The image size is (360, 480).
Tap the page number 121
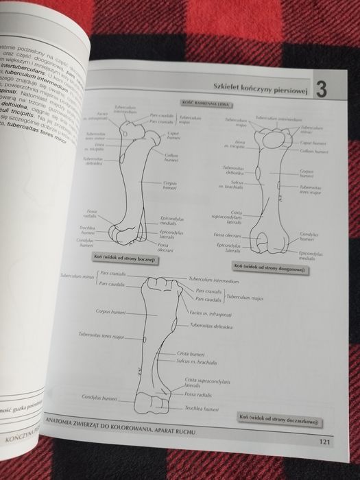(x=324, y=442)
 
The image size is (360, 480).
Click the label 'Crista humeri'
(x=188, y=353)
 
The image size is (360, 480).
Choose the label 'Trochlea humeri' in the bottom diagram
(x=202, y=409)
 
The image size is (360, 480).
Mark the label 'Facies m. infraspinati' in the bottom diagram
(x=209, y=313)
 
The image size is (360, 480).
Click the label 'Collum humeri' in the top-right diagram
(x=314, y=151)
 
